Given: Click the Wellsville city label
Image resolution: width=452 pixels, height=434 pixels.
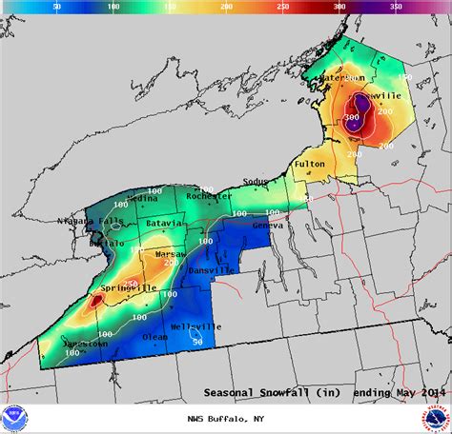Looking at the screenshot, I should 195,326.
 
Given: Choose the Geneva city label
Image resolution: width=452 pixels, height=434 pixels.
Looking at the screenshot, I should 268,227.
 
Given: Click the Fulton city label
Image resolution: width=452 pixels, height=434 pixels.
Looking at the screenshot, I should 310,164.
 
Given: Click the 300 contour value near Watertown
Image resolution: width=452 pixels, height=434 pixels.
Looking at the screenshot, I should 352,117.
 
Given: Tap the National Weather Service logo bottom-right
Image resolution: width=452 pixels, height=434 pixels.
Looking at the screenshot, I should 434,417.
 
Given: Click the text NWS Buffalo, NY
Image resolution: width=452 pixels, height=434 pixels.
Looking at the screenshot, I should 224,418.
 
